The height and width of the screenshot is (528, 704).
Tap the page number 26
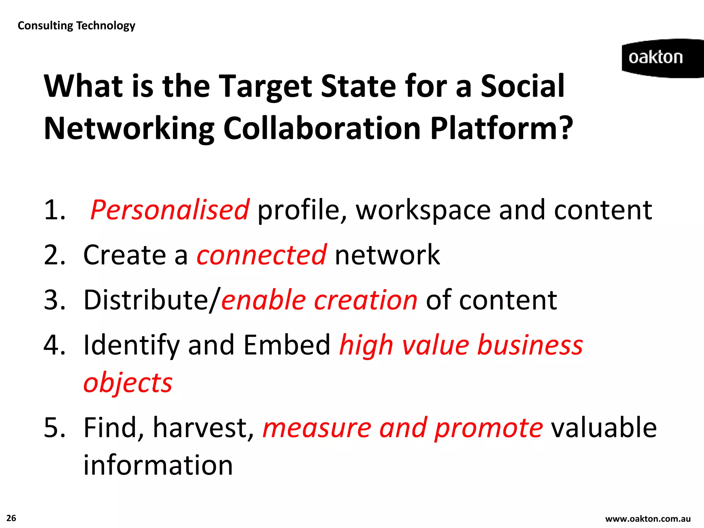tap(11, 518)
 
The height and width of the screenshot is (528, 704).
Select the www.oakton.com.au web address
tap(648, 519)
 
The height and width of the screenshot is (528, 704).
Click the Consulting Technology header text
tap(76, 26)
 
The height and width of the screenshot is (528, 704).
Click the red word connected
tap(261, 255)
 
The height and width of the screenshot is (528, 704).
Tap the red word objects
tap(128, 383)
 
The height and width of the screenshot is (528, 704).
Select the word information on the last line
tap(158, 465)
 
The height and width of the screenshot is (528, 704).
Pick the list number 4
tap(54, 345)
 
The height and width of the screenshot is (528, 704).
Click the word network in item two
tap(387, 255)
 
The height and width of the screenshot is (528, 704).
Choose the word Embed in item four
tap(287, 345)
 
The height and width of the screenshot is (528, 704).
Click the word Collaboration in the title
tap(322, 129)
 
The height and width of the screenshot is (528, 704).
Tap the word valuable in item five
tap(604, 428)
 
